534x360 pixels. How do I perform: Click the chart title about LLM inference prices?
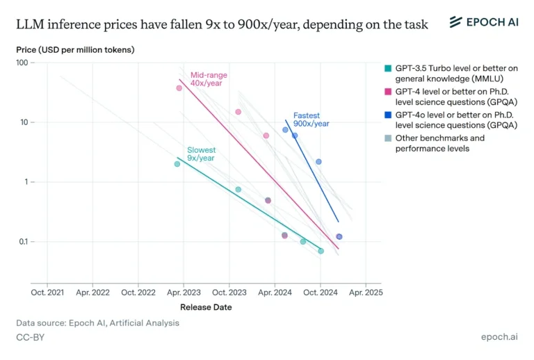(222, 24)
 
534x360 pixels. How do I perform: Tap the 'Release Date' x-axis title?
(206, 307)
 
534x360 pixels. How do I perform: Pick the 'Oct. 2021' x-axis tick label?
(47, 293)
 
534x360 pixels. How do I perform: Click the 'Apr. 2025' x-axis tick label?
(365, 293)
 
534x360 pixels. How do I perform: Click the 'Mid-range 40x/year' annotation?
(209, 80)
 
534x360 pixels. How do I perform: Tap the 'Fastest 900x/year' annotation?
(311, 120)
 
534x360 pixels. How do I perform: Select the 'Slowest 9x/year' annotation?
(201, 154)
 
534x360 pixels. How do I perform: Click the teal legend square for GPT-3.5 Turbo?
(388, 68)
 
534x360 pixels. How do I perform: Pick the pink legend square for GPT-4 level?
(388, 91)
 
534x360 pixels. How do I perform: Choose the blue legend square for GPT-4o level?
(388, 115)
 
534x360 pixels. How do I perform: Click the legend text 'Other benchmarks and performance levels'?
(439, 143)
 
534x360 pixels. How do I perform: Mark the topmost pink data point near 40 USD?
(179, 88)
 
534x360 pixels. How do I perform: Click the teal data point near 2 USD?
(177, 164)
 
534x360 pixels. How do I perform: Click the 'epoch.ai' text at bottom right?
(499, 337)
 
